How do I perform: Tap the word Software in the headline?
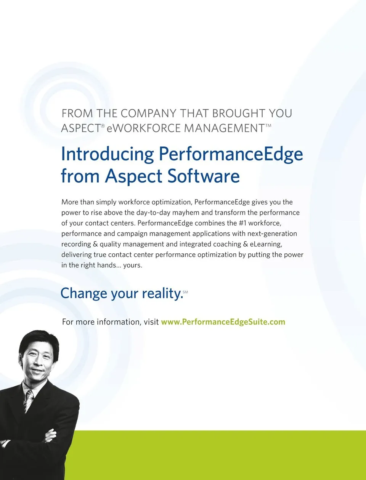(x=204, y=176)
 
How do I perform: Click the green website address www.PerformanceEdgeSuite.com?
(x=223, y=322)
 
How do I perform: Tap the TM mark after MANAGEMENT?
(x=268, y=125)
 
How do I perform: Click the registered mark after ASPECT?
(x=103, y=126)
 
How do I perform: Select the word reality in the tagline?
(x=162, y=293)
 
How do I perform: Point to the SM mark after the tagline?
(x=185, y=292)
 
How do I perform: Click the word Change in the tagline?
(x=84, y=293)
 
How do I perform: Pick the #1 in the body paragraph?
(x=242, y=223)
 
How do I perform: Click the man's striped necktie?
(x=29, y=401)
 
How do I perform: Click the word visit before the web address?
(x=151, y=322)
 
